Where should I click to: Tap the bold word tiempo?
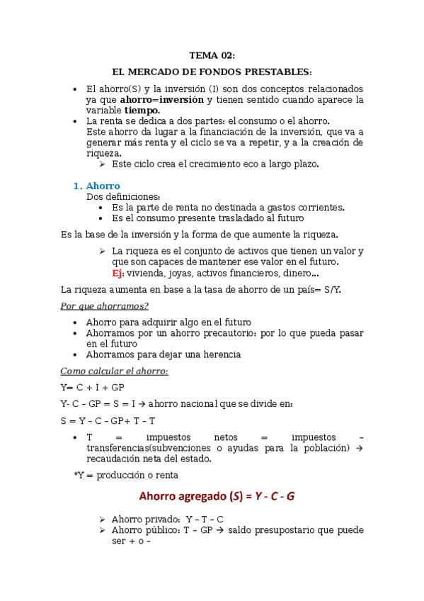click(142, 111)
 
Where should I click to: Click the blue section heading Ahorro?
click(103, 186)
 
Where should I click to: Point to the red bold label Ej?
click(118, 273)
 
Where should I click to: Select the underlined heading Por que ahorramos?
click(104, 305)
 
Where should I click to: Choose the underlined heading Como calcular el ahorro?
click(114, 371)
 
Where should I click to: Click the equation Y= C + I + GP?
click(93, 388)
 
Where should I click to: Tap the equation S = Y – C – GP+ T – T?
click(108, 421)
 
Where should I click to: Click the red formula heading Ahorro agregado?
click(186, 496)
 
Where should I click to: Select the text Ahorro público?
click(145, 530)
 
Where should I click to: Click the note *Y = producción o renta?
click(126, 476)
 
